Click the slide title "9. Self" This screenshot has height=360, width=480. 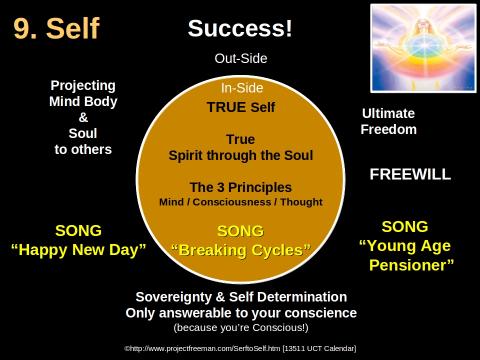(x=56, y=28)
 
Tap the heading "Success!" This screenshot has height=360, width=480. (x=240, y=28)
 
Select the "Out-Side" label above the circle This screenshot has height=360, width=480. (x=240, y=58)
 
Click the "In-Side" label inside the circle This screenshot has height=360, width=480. (x=242, y=88)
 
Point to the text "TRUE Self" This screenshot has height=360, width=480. (x=240, y=107)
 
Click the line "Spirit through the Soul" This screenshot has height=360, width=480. (x=240, y=155)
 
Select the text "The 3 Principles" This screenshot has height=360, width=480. (x=240, y=187)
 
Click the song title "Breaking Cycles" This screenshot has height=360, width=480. (x=240, y=250)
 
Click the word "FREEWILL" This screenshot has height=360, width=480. (x=410, y=174)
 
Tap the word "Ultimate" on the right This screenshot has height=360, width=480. (x=388, y=113)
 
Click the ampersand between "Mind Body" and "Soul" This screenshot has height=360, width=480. (x=83, y=118)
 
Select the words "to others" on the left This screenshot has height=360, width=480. (x=83, y=149)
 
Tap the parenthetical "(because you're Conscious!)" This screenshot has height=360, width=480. (x=240, y=328)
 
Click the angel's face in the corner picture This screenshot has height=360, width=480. (x=423, y=23)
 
